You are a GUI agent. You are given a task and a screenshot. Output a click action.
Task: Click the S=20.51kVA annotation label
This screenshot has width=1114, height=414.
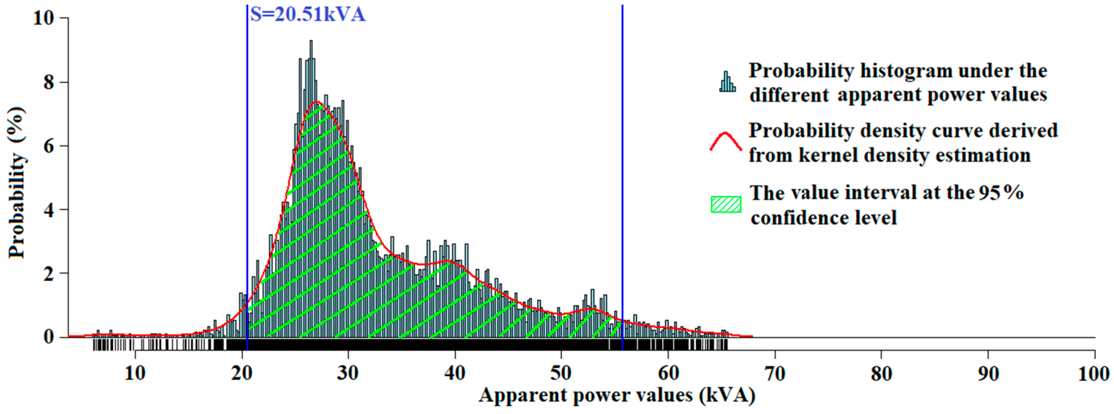(x=307, y=15)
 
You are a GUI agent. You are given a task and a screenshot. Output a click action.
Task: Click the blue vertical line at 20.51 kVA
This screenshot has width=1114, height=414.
(x=247, y=173)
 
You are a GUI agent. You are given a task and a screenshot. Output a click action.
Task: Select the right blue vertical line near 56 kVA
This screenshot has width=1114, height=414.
(x=622, y=173)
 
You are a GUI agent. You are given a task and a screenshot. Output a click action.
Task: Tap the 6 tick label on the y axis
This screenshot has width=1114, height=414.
(x=49, y=146)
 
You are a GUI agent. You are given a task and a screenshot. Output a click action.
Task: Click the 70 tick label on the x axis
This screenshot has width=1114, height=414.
(x=774, y=373)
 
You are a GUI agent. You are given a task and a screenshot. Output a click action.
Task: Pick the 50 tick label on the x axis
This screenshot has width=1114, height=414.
(x=561, y=373)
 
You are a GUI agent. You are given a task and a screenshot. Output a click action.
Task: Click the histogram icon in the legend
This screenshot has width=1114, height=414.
(x=727, y=82)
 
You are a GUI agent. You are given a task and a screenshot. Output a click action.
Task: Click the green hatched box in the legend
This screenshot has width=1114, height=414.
(x=726, y=204)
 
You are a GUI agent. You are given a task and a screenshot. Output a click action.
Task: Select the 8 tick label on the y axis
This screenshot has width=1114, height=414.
(x=49, y=82)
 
